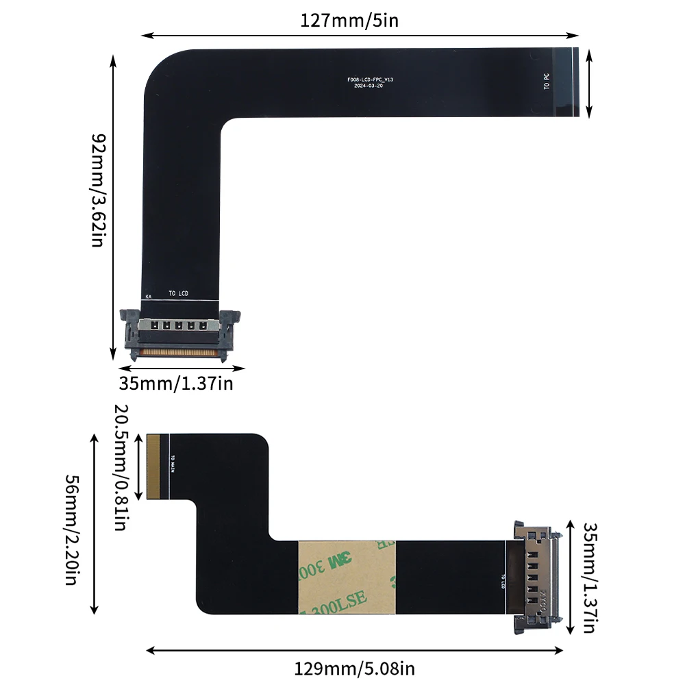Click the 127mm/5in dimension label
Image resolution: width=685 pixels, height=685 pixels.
coord(349,21)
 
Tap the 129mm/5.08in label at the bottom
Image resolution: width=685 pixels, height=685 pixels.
coord(354,668)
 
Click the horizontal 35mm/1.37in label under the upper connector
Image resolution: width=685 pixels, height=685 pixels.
coord(176,383)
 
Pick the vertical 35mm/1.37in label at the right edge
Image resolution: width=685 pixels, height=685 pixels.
coord(590,577)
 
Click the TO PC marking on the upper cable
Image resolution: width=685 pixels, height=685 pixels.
coord(546,82)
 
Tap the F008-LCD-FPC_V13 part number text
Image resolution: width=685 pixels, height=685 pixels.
coord(370,80)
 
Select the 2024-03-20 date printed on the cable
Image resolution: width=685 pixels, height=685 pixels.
coord(370,86)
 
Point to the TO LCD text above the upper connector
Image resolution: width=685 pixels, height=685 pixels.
coord(178,294)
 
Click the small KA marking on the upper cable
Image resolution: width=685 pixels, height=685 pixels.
coord(147,297)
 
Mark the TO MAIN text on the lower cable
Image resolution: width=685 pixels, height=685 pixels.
coord(173,464)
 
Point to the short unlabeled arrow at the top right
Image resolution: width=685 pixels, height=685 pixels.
coord(590,83)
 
